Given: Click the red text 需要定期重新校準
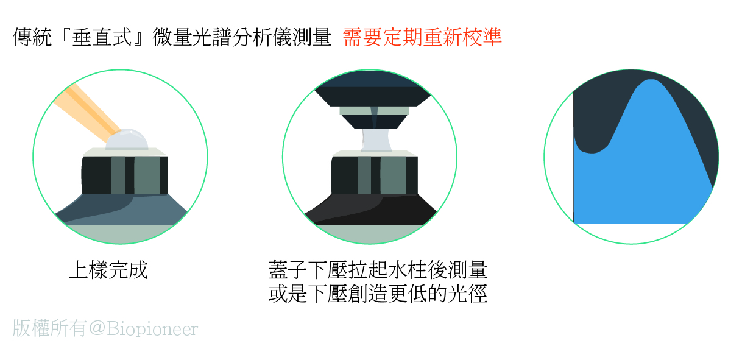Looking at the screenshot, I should point(422,38).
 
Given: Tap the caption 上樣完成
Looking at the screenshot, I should point(108,269).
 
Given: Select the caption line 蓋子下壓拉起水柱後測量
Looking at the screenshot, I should point(378,269).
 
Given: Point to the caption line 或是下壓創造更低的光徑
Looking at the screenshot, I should point(378,294).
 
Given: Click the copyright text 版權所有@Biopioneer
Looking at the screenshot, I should point(105,329).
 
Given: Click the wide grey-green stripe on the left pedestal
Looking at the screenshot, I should point(146,175).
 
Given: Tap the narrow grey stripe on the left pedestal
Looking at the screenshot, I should point(118,175).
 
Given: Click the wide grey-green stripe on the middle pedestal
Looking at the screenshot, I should point(393,175).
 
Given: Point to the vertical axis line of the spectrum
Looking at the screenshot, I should point(574,158).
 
